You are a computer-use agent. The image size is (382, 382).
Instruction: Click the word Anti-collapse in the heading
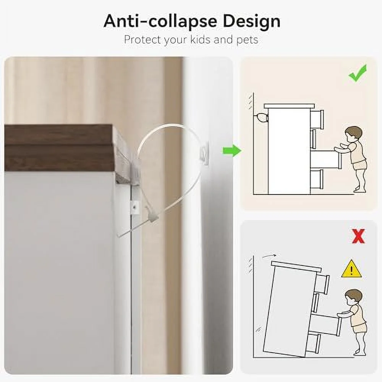[160, 21]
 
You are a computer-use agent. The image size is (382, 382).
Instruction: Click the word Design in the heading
[251, 21]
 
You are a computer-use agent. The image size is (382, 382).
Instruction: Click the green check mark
[358, 73]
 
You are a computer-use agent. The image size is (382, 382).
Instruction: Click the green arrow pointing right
[232, 151]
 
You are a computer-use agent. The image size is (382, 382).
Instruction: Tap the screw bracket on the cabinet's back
[135, 207]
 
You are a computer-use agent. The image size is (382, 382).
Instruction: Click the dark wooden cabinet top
[60, 147]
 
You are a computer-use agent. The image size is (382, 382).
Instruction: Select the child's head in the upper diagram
[354, 136]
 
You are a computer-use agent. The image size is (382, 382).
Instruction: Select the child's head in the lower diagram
[354, 298]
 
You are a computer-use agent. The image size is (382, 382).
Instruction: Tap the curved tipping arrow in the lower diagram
[269, 256]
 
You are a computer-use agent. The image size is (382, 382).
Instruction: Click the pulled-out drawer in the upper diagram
[324, 159]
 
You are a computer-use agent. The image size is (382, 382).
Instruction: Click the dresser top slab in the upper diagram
[289, 106]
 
